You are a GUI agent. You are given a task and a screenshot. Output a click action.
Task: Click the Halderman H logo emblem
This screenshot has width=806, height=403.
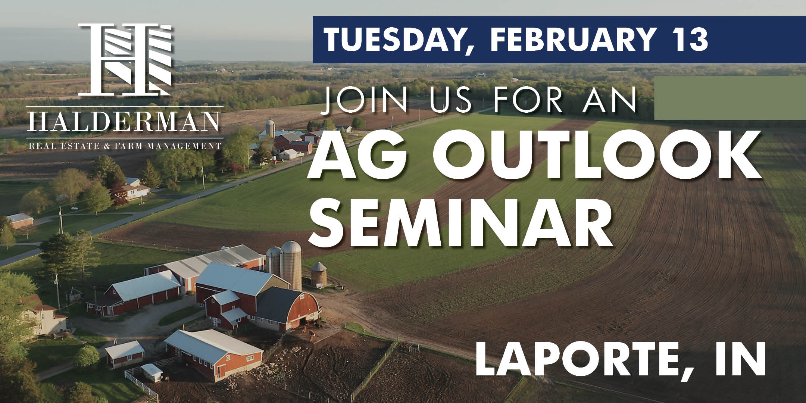pos(125,59)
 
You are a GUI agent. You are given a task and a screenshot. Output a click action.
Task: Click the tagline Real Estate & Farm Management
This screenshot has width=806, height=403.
pos(125,145)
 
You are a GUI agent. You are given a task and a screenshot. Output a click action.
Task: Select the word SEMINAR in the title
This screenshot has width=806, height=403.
pos(462,222)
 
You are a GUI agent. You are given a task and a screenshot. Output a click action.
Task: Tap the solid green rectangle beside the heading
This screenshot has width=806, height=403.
pos(730,98)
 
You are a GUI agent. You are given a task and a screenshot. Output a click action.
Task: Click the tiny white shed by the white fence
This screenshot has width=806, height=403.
pos(151,372)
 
